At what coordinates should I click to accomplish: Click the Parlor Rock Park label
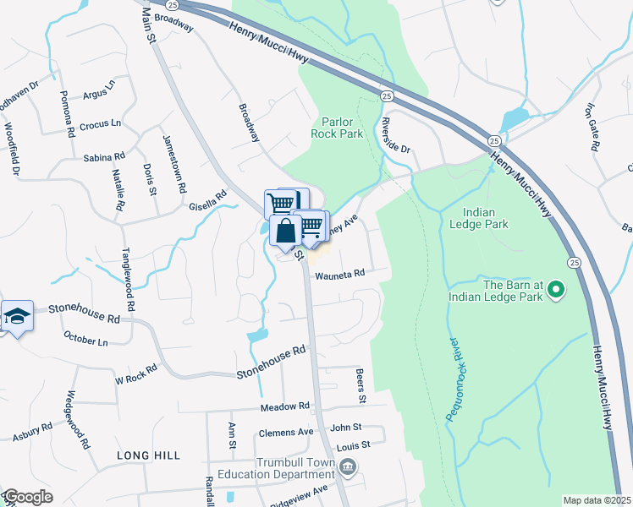point(341,127)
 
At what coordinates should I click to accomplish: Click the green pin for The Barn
point(556,291)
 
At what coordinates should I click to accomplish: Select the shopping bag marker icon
point(286,230)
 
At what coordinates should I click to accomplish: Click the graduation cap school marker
point(17,316)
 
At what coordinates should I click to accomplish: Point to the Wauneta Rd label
point(339,275)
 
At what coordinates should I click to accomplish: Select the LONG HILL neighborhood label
point(148,455)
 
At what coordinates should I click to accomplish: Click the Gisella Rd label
point(208,200)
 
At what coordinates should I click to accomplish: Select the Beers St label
point(361,384)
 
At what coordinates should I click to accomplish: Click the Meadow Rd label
point(285,406)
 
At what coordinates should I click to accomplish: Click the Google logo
point(27,497)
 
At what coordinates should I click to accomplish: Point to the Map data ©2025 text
point(596,500)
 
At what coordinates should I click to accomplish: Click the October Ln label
point(85,340)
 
